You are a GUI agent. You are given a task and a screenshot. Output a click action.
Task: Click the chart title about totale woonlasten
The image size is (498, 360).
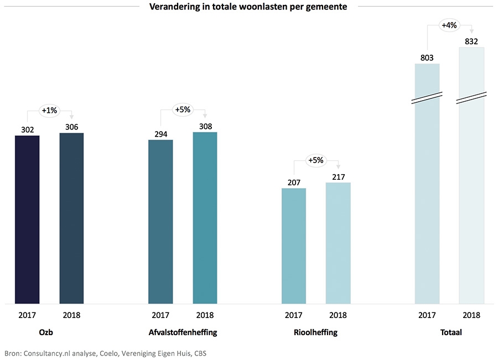tap(248, 7)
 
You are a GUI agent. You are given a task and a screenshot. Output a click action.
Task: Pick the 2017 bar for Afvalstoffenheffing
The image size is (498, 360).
tap(160, 221)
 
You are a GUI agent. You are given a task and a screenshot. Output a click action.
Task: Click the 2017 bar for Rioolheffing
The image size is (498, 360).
tap(294, 246)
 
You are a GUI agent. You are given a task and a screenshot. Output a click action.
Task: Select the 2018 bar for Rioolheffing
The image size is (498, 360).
tap(338, 243)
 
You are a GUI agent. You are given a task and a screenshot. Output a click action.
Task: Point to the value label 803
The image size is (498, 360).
tap(427, 58)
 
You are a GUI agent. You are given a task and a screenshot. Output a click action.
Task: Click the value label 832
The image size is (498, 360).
tap(471, 41)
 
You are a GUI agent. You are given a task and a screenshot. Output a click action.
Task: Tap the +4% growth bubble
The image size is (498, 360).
tap(449, 25)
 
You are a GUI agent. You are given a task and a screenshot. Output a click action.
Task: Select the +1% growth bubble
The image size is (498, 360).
tap(49, 111)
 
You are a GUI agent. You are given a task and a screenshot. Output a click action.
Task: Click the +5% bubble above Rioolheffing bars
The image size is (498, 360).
tap(316, 160)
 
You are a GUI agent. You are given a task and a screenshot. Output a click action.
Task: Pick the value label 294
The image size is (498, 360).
tap(160, 134)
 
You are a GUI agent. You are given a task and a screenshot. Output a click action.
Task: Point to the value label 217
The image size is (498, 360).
tap(338, 176)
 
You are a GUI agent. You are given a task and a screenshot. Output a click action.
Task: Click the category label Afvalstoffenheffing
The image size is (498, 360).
tap(183, 333)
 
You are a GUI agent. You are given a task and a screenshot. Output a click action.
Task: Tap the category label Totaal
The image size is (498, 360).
tap(449, 333)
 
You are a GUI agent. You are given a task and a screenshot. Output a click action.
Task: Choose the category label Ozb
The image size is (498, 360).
tap(49, 333)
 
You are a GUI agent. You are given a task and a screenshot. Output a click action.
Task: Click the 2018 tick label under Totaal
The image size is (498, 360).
tap(471, 315)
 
